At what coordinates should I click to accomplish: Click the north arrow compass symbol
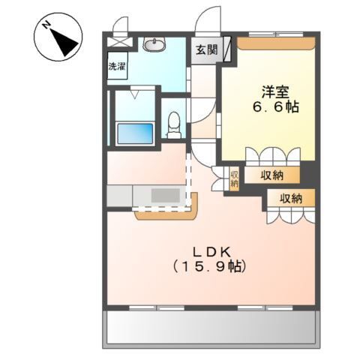[x=58, y=37]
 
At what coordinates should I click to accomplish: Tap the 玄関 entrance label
[x=206, y=50]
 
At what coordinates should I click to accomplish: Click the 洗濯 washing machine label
[x=117, y=66]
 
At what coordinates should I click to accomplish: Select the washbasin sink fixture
[x=154, y=45]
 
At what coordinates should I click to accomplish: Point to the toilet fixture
[x=174, y=125]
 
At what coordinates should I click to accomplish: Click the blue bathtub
[x=135, y=133]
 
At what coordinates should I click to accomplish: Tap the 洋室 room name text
[x=276, y=92]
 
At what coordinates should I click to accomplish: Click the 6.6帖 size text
[x=276, y=107]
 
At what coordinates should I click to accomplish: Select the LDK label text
[x=211, y=253]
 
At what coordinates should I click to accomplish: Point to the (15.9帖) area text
[x=209, y=266]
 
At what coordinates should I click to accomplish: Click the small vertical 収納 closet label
[x=234, y=178]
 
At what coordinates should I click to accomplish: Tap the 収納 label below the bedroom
[x=272, y=175]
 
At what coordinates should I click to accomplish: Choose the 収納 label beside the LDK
[x=291, y=199]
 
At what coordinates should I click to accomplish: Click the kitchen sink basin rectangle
[x=166, y=195]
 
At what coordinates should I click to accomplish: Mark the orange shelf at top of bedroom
[x=276, y=43]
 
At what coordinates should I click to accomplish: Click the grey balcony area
[x=211, y=327]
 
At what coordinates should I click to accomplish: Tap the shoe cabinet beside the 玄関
[x=227, y=49]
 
